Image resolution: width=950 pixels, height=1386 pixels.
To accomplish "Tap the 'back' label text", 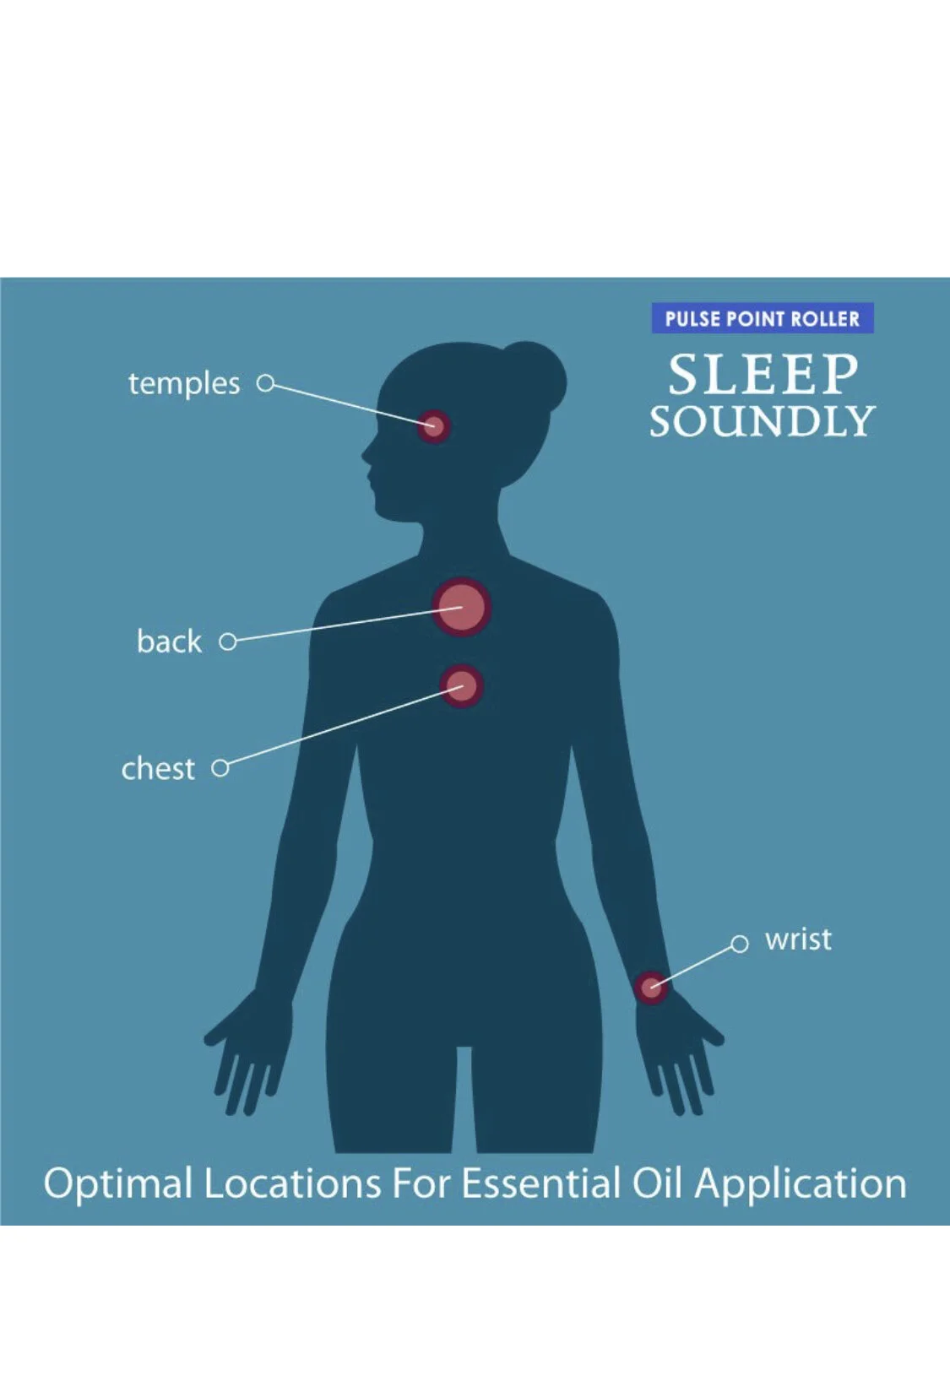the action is click(x=169, y=641).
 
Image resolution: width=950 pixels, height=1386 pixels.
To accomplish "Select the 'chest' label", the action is click(x=158, y=768).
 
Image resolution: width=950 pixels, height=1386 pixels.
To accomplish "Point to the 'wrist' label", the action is click(x=798, y=939).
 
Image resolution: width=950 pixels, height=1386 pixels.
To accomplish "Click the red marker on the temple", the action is click(x=433, y=426).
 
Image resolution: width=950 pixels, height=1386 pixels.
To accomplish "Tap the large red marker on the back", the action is click(x=462, y=607).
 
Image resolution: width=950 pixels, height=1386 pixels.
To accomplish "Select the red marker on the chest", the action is click(x=462, y=685).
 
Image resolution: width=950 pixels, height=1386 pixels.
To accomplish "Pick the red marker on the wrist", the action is click(x=651, y=987).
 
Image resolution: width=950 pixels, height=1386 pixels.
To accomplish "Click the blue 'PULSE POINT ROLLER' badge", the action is click(x=763, y=318).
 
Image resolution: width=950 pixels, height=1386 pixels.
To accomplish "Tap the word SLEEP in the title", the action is click(x=763, y=374).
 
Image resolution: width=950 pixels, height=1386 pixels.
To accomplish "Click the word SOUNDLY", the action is click(x=763, y=421).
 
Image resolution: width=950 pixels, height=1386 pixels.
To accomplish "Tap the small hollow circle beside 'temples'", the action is click(x=265, y=383).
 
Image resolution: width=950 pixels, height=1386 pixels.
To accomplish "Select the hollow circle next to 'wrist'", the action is click(x=740, y=944).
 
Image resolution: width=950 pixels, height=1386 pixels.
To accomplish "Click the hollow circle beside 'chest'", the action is click(x=220, y=768).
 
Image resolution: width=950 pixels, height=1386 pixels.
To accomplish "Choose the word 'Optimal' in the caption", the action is click(x=117, y=1184).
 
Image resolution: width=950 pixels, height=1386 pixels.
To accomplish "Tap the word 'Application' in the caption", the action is click(x=801, y=1184).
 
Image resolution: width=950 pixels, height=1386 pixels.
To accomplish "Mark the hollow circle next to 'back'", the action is click(x=228, y=642).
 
